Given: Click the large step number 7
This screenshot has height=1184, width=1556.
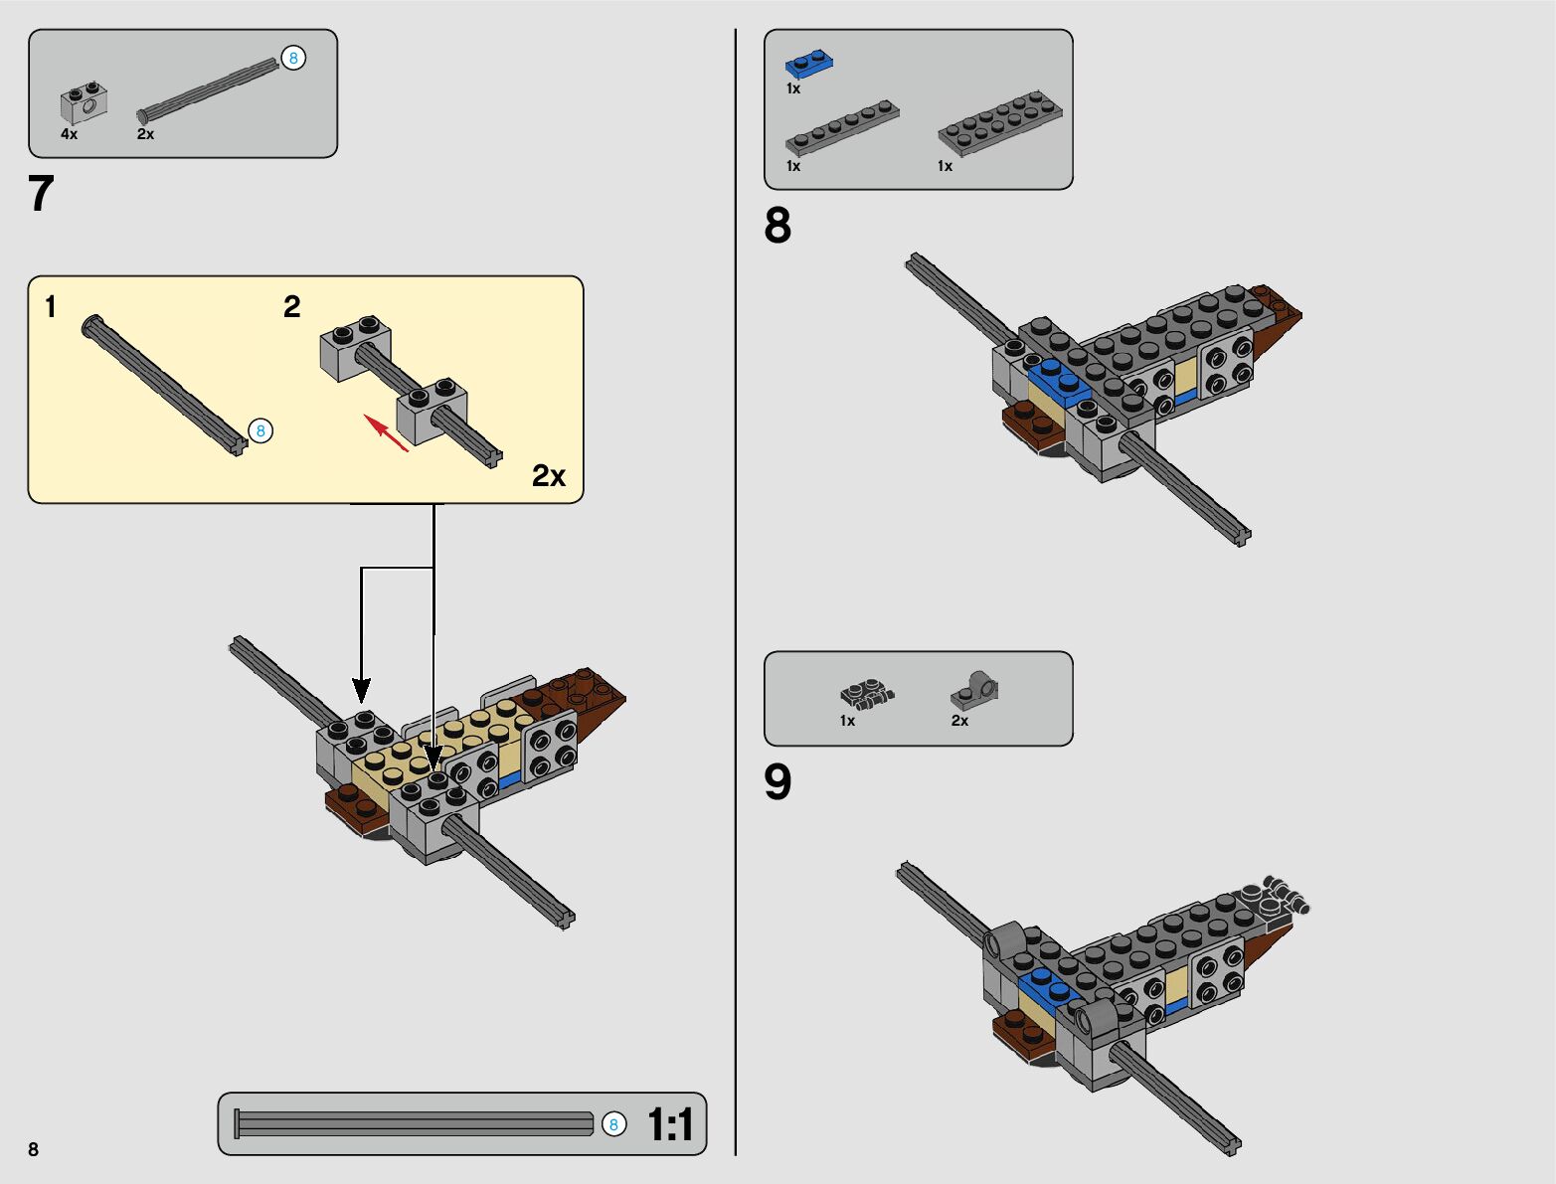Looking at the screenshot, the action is (x=41, y=193).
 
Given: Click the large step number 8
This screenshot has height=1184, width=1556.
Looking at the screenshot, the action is (x=778, y=226).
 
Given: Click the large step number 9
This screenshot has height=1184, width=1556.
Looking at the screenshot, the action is (x=778, y=782).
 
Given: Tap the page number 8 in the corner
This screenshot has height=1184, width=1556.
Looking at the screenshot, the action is (x=34, y=1148).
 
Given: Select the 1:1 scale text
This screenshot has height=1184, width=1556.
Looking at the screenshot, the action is (x=670, y=1124).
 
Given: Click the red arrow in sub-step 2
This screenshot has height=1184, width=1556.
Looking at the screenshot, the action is (x=387, y=432).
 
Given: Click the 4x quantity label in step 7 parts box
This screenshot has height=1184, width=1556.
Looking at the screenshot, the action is (x=69, y=134).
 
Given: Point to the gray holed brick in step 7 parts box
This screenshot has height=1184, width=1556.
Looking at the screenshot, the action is (x=84, y=103).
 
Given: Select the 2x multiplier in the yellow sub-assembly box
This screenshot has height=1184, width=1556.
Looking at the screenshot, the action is (x=549, y=475).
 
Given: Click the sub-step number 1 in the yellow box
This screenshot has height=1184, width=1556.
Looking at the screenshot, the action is (x=51, y=307).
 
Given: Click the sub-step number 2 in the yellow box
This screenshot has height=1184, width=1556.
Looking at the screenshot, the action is (x=292, y=307).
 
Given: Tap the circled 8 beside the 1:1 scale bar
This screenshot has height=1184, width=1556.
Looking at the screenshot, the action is (x=613, y=1123).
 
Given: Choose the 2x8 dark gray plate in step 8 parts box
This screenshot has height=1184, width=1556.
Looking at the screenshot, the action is (x=999, y=123).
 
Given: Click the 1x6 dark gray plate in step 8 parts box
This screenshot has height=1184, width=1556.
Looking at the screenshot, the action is (x=842, y=127).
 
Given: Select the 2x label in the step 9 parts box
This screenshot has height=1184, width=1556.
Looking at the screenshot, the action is (x=959, y=721).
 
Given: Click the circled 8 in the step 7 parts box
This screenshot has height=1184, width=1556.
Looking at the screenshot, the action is (x=293, y=58).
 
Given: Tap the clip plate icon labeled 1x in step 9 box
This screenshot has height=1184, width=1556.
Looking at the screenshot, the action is (x=867, y=694).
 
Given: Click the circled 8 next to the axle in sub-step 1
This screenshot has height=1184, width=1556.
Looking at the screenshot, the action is (x=260, y=430).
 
